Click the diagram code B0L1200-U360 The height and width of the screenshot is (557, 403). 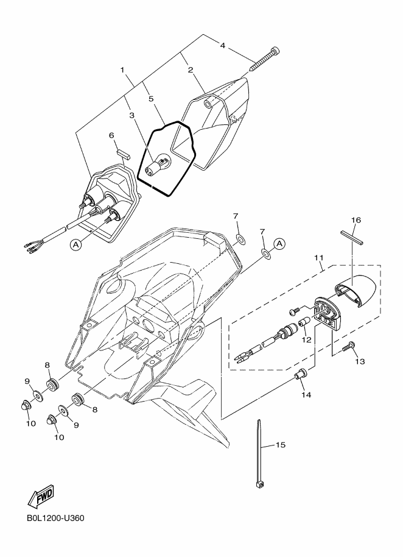coord(55,519)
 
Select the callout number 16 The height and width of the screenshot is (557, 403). coord(356,219)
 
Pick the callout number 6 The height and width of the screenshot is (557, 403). coord(111,135)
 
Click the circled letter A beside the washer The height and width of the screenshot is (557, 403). coord(279,244)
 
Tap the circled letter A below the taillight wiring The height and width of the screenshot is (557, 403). coord(76,244)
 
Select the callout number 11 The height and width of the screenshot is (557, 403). coord(319,258)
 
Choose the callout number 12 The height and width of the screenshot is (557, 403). coord(306,339)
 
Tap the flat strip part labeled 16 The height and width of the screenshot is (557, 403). coord(351,236)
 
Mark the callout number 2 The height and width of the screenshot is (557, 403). coord(191,70)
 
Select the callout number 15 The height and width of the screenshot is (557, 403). coord(280,445)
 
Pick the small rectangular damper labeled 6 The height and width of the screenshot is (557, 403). coord(121,150)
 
